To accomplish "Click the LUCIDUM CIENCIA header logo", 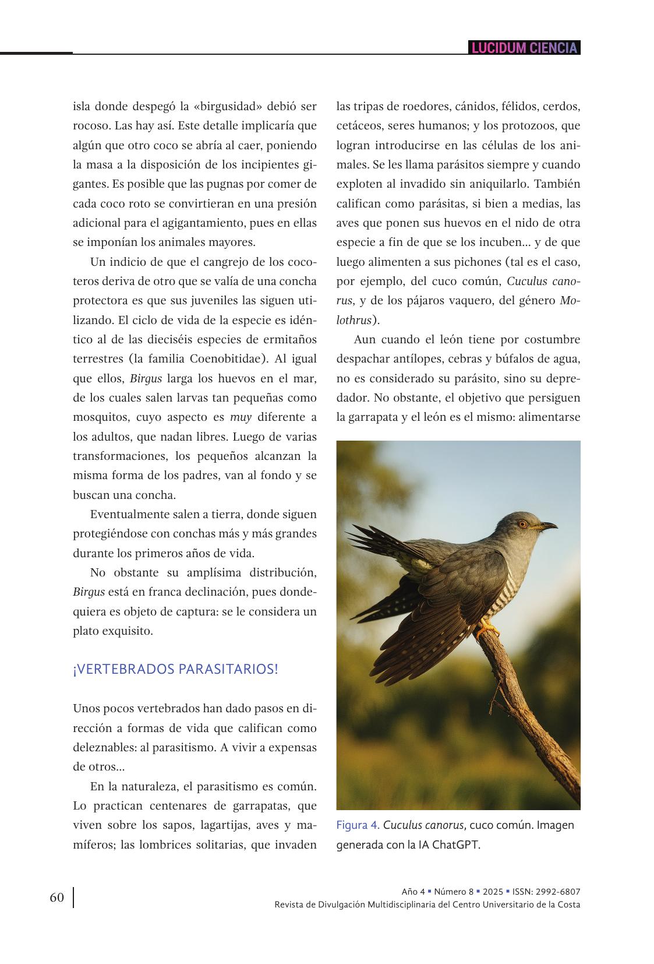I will tap(524, 48).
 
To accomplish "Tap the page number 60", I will tap(56, 897).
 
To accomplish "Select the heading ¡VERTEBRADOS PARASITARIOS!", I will tap(176, 669).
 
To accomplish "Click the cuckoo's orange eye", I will tap(522, 524).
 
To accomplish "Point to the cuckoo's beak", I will tap(547, 526).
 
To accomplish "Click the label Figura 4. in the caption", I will tap(358, 825).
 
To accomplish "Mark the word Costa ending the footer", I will tap(568, 905).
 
